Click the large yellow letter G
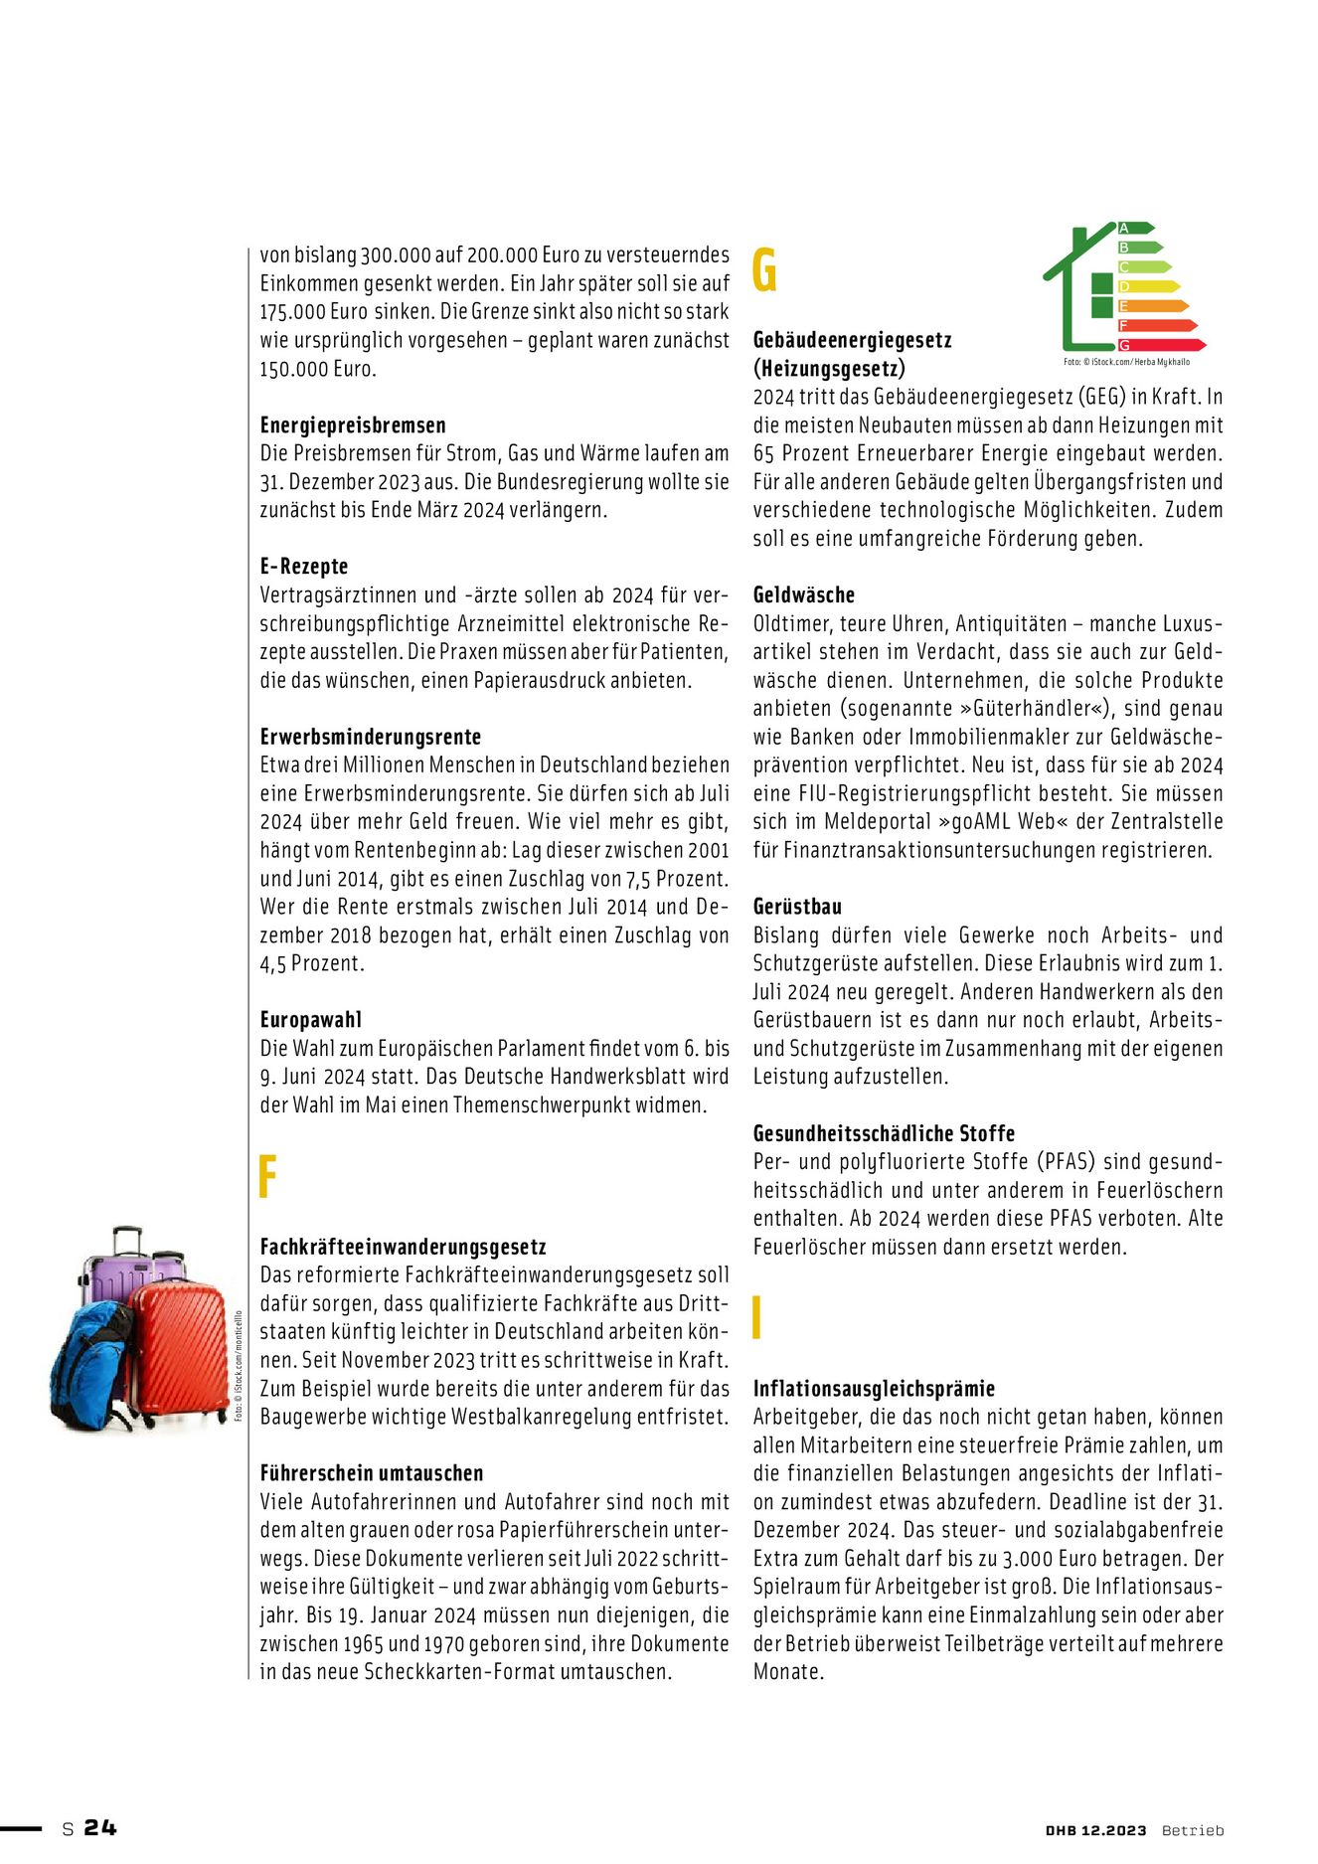tap(764, 270)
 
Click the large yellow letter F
tap(266, 1177)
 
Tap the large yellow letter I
tap(757, 1318)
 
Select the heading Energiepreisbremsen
tap(353, 425)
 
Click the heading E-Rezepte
tap(304, 567)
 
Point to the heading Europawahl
tap(311, 1020)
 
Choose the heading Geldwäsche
tap(804, 595)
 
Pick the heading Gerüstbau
tap(797, 907)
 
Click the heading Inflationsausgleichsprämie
tap(874, 1389)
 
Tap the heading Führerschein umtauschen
tap(372, 1473)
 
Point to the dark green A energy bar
tap(1135, 228)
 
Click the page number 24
tap(99, 1827)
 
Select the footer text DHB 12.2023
tap(1095, 1830)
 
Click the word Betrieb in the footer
tap(1193, 1830)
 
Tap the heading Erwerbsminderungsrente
tap(371, 737)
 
